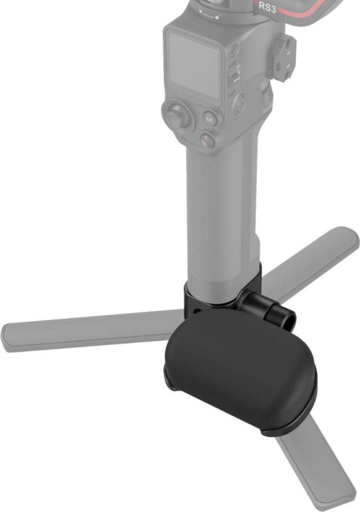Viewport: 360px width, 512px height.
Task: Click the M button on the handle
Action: click(210, 119)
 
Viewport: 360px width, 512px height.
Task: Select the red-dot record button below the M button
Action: click(207, 140)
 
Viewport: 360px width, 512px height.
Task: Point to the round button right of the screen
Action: click(240, 104)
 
